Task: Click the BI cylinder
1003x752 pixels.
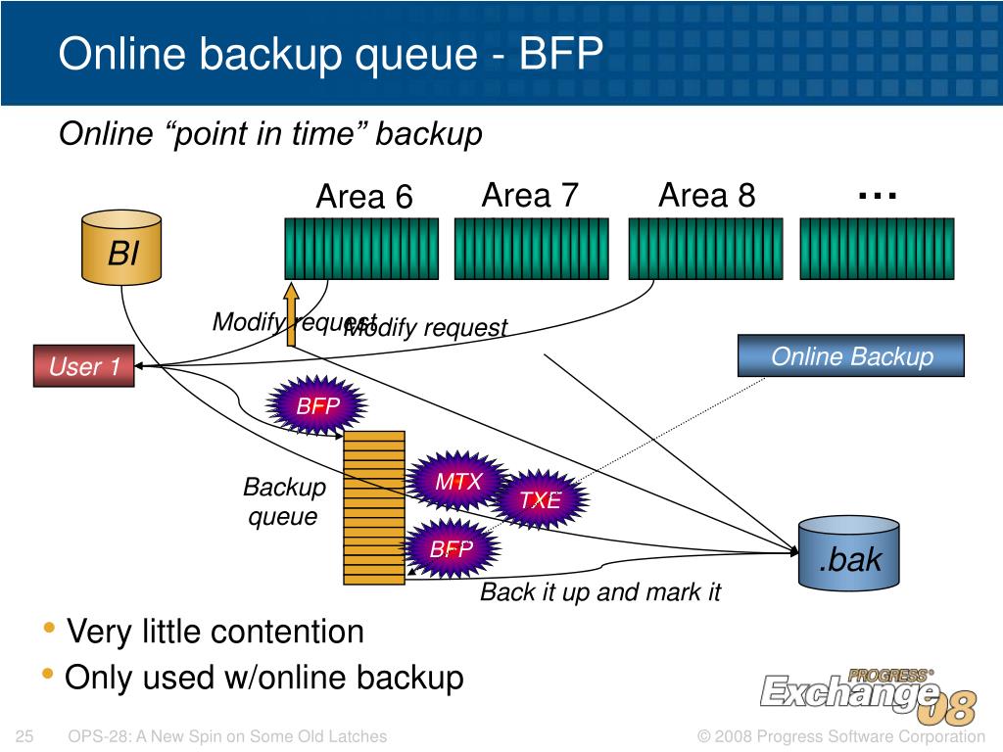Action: tap(122, 249)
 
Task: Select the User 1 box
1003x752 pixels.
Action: tap(84, 366)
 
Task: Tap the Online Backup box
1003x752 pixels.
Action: tap(850, 356)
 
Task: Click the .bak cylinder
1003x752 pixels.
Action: tap(850, 554)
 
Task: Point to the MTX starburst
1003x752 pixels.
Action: tap(458, 482)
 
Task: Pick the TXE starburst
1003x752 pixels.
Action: tap(540, 500)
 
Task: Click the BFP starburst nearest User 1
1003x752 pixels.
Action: tap(317, 405)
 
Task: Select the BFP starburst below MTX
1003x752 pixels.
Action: tap(452, 548)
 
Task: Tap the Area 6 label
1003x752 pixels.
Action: tap(364, 197)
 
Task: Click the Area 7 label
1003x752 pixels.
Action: tap(530, 196)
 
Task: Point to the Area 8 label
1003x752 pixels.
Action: tap(706, 196)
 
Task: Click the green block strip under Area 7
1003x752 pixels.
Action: tap(531, 248)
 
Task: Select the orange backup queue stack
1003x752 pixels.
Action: tap(374, 507)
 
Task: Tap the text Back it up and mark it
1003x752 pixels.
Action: tap(599, 591)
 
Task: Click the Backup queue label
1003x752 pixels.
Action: tap(284, 501)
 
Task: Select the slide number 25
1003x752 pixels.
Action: tap(26, 736)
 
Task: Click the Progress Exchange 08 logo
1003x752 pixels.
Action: tap(868, 693)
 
